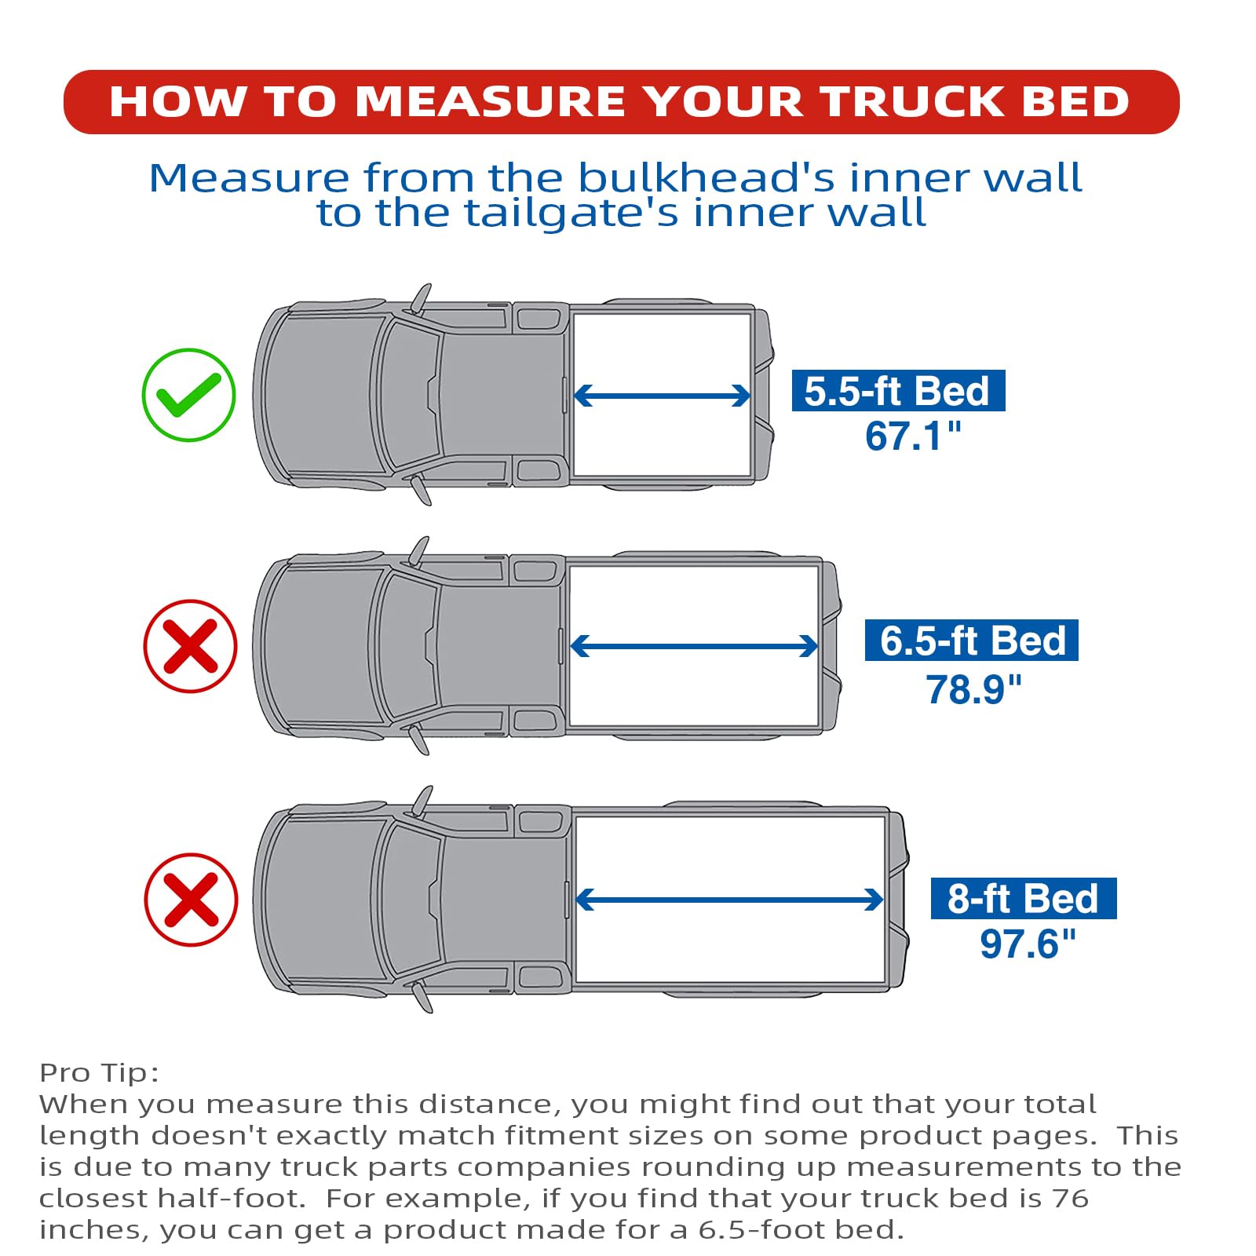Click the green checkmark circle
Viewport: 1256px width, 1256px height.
pos(188,394)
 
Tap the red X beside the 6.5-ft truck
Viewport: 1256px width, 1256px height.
pos(190,646)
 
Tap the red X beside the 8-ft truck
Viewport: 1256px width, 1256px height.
pos(191,900)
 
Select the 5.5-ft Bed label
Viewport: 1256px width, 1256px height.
pos(898,390)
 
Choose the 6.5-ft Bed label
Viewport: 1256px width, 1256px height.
pos(972,640)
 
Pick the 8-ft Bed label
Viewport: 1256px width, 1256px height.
pos(1024,898)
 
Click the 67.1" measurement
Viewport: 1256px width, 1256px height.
pos(913,436)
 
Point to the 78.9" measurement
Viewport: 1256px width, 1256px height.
pos(973,689)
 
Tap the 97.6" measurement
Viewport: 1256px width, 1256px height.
pos(1028,944)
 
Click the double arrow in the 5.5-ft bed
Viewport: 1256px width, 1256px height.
pos(663,396)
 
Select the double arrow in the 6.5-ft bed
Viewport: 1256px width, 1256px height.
pos(694,646)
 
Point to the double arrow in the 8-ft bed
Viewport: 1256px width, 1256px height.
pos(729,900)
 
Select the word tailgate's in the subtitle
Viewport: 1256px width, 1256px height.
pos(571,213)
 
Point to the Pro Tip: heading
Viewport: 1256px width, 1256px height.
pos(99,1073)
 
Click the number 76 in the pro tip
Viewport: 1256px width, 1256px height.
pos(1071,1199)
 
